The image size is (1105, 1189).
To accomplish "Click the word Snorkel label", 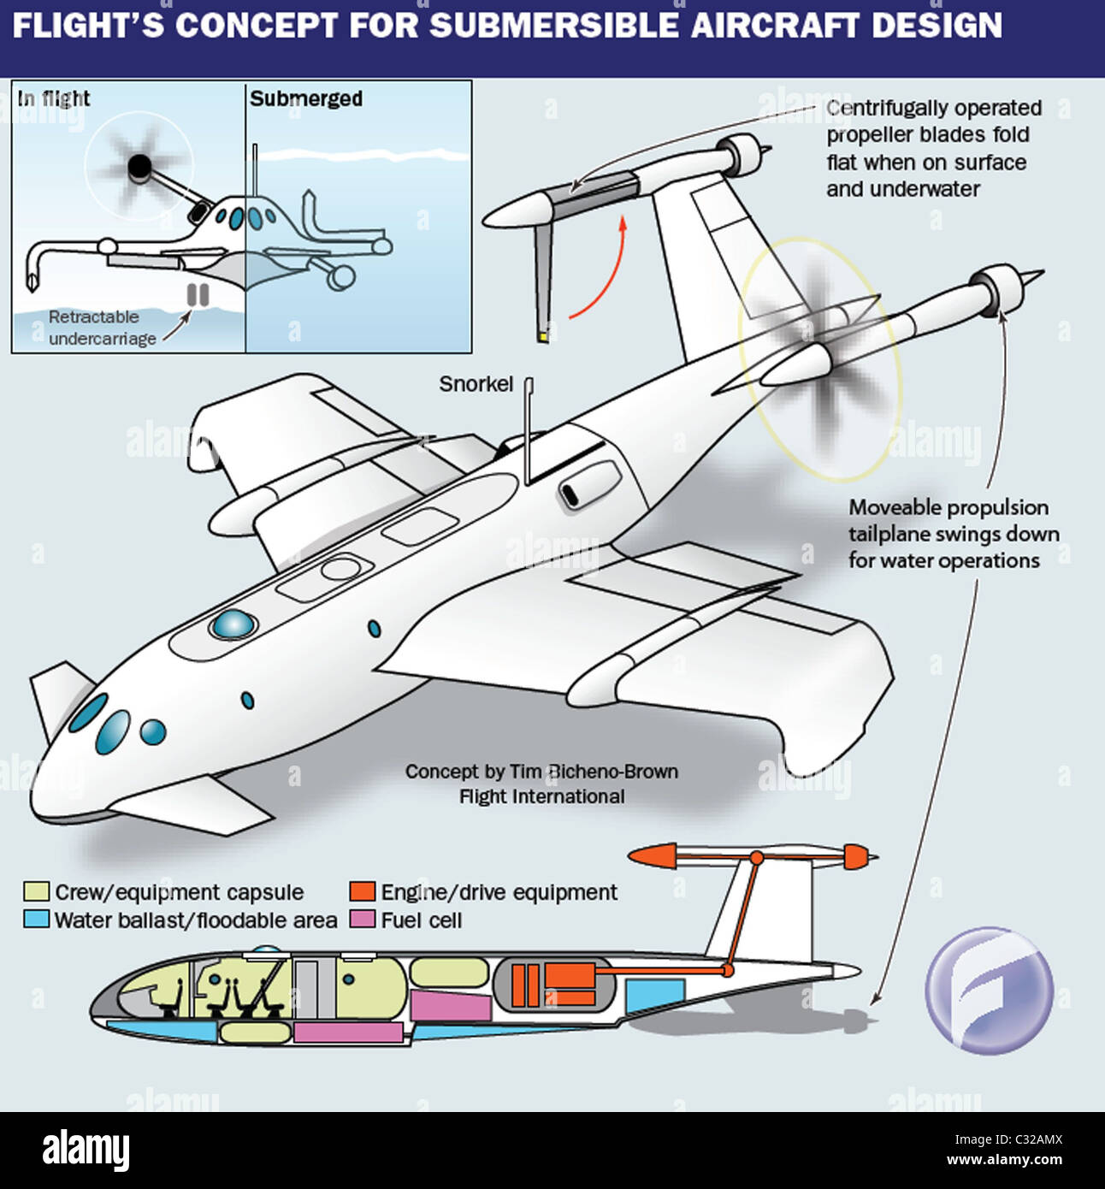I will (x=476, y=384).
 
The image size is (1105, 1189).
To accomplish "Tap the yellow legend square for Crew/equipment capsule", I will (x=36, y=892).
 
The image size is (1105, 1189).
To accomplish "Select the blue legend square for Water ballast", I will (x=36, y=920).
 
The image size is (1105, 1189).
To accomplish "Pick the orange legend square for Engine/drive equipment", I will (x=363, y=892).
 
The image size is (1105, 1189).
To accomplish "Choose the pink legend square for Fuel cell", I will (x=363, y=920).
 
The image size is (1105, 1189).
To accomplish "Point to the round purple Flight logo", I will (x=989, y=990).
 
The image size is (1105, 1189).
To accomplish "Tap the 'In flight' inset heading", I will (x=54, y=99).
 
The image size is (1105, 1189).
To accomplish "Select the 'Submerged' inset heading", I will (x=306, y=99).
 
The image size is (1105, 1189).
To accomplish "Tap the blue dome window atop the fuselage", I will (x=233, y=624).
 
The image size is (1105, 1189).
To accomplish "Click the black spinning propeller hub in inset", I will (x=140, y=167).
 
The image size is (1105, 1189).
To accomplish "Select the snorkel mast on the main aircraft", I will (x=529, y=432).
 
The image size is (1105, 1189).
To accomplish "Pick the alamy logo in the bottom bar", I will (x=86, y=1149).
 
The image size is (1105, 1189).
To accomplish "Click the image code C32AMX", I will (x=1034, y=1139).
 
